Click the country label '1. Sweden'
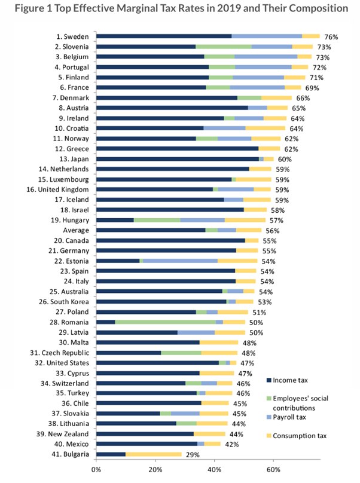pyautogui.click(x=74, y=36)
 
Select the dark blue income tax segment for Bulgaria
pyautogui.click(x=111, y=454)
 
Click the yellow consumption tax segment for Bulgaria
pyautogui.click(x=154, y=454)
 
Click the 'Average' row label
pyautogui.click(x=77, y=230)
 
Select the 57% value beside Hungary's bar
pyautogui.click(x=276, y=219)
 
